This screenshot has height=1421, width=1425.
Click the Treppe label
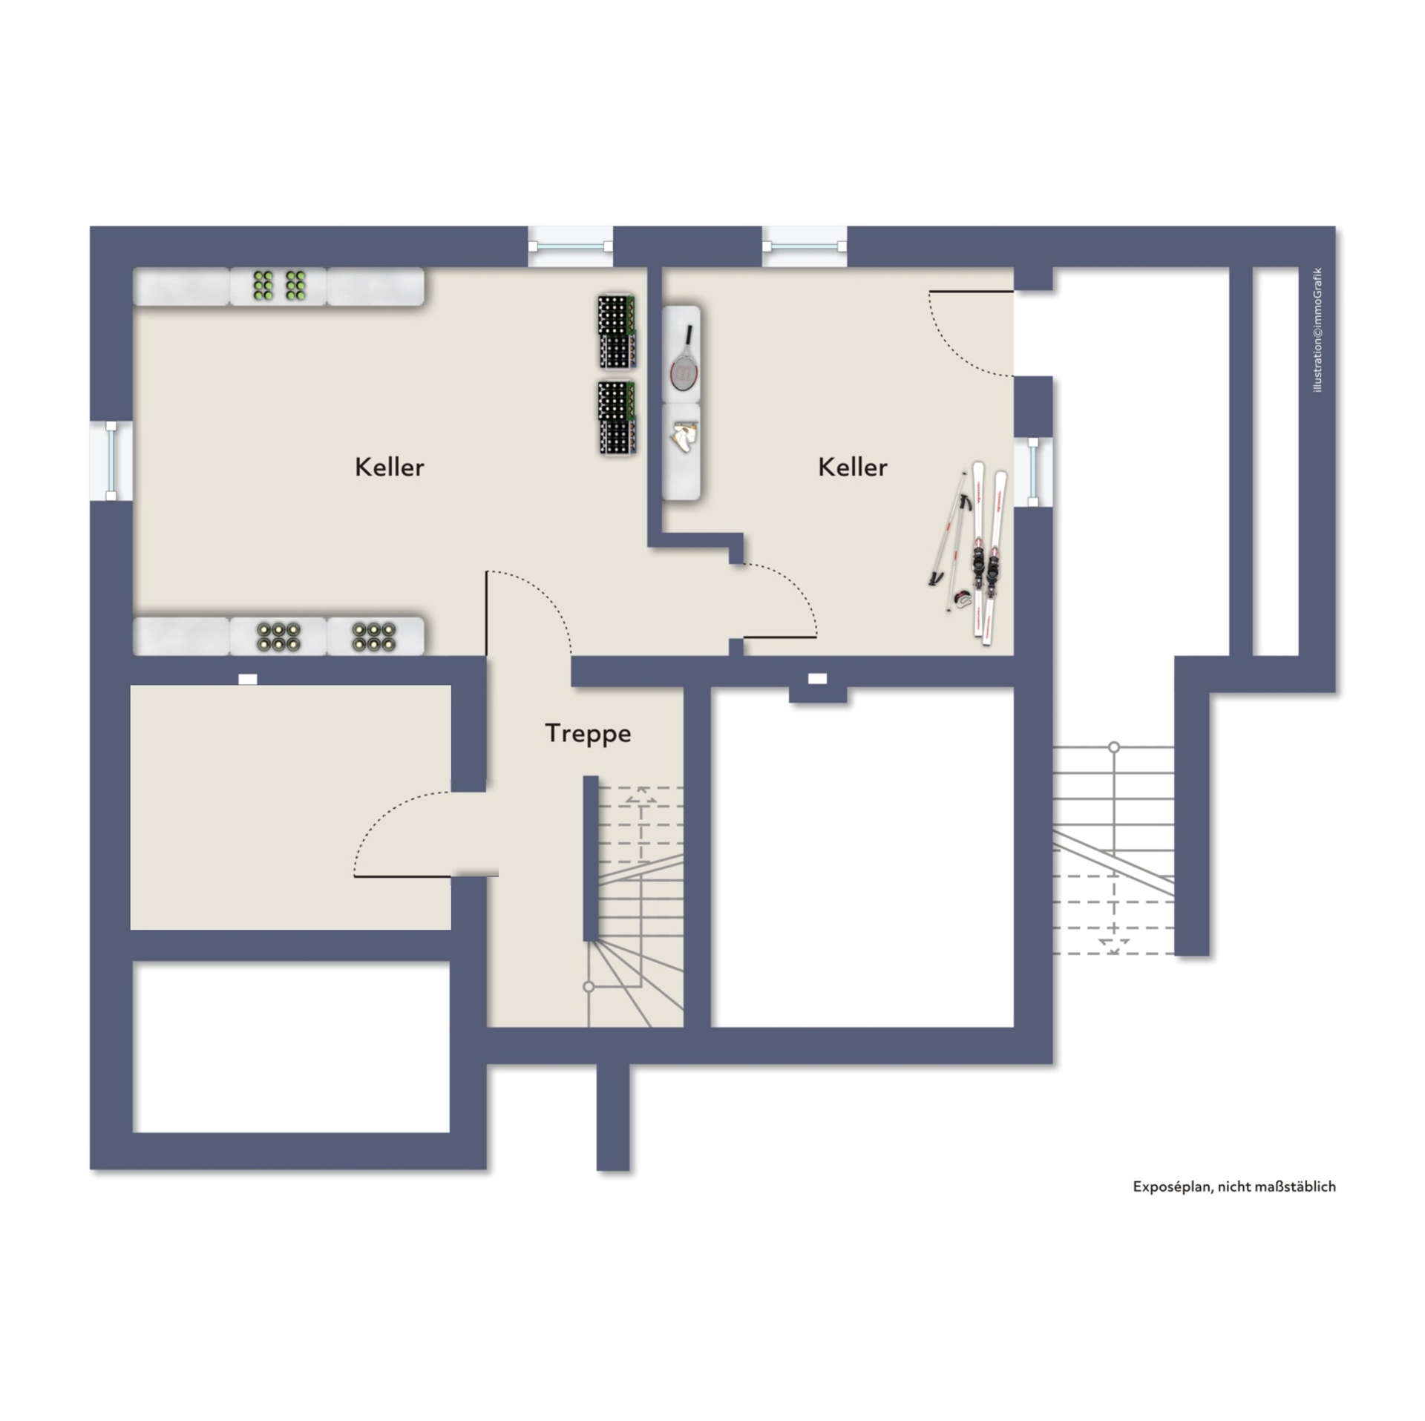(x=588, y=733)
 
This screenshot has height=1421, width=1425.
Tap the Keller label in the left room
(x=389, y=467)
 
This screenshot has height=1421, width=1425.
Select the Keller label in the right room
(x=852, y=467)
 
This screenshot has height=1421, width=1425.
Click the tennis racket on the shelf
(x=683, y=358)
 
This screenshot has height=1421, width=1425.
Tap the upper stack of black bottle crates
(x=617, y=332)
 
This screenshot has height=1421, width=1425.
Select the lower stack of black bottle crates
(x=617, y=417)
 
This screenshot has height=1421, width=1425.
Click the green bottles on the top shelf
(x=279, y=285)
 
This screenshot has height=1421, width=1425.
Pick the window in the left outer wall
(x=111, y=461)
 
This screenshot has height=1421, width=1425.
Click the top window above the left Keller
(x=571, y=246)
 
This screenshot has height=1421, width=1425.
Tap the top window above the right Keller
(x=805, y=246)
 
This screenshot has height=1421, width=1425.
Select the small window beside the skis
(x=1033, y=472)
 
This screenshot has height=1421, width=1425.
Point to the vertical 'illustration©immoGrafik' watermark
(x=1317, y=329)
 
